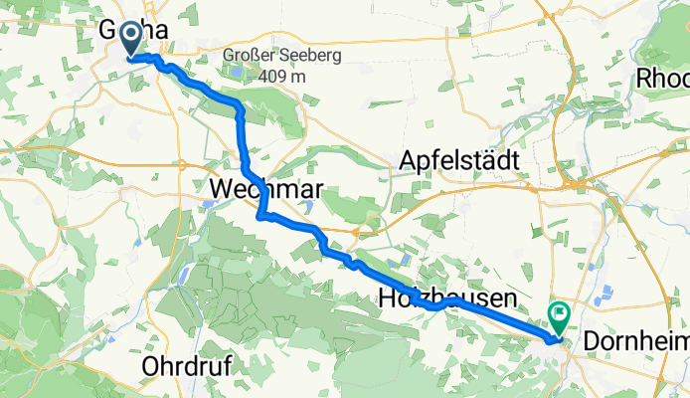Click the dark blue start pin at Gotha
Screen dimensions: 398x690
click(x=130, y=38)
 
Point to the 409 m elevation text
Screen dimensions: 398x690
click(x=283, y=75)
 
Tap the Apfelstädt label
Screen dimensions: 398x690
click(x=461, y=159)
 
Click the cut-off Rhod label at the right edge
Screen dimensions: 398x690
click(x=662, y=78)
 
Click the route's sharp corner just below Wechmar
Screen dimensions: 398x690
click(x=259, y=215)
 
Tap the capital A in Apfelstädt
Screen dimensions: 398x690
click(x=407, y=159)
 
